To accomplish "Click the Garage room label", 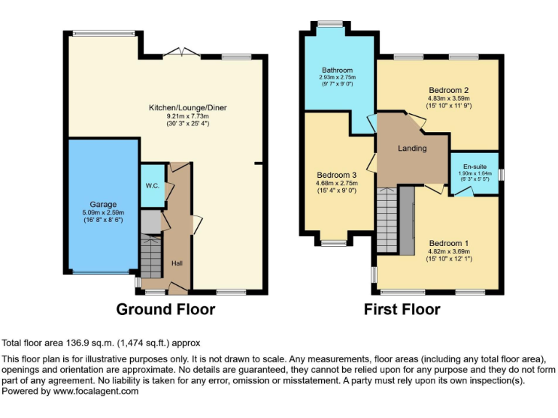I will pyautogui.click(x=103, y=204).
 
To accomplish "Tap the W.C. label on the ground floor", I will pyautogui.click(x=152, y=186).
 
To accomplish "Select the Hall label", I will pyautogui.click(x=177, y=263).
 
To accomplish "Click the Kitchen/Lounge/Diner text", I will pyautogui.click(x=187, y=107).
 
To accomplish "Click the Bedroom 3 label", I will pyautogui.click(x=336, y=175).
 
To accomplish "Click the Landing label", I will pyautogui.click(x=412, y=148).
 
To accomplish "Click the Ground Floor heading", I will pyautogui.click(x=166, y=310).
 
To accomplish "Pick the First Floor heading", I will pyautogui.click(x=402, y=310).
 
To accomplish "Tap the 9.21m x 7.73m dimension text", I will pyautogui.click(x=187, y=116).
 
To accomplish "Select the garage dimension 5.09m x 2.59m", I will pyautogui.click(x=103, y=213).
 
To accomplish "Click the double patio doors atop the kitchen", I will pyautogui.click(x=181, y=53).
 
